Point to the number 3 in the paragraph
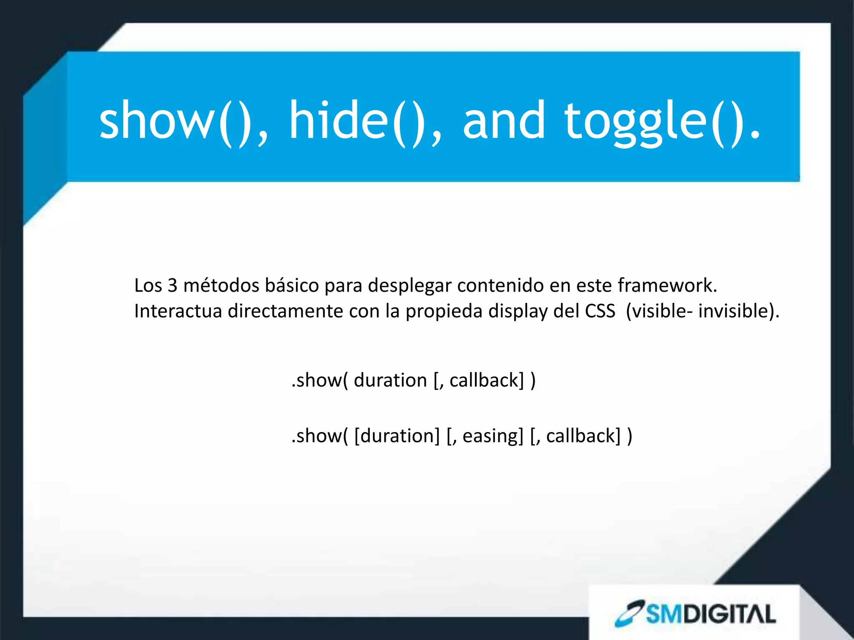point(172,286)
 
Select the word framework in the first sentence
point(665,286)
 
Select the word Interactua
point(178,311)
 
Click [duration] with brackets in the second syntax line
point(397,436)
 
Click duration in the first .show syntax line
point(390,380)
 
